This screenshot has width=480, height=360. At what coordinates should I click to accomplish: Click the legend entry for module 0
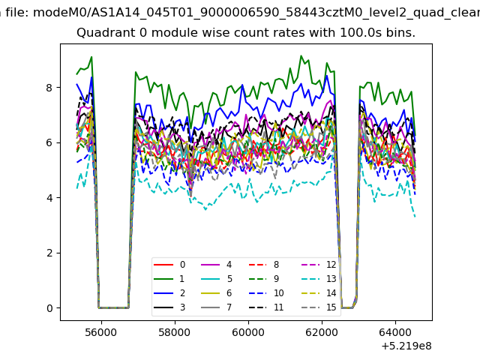coord(169,265)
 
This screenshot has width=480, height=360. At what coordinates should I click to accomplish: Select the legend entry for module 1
coord(169,278)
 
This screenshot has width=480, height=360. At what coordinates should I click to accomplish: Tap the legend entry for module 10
coord(265,293)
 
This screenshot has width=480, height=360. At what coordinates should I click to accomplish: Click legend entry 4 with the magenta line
coord(217,265)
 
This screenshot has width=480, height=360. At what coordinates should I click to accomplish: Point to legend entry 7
coord(217,307)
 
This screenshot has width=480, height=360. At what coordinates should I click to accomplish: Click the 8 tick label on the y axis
coord(49,88)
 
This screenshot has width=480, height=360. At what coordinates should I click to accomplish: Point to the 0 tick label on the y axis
coord(49,308)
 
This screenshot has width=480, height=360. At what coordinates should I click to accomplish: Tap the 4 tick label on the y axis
coord(49,198)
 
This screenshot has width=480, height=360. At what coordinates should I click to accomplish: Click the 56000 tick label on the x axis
coord(101,332)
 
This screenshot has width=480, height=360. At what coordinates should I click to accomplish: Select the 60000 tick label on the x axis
coord(248,332)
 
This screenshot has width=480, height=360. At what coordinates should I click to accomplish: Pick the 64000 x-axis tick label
coord(395,332)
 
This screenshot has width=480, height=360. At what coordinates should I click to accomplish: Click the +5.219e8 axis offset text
coord(406,346)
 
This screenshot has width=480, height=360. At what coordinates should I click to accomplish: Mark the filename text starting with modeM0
coord(256,13)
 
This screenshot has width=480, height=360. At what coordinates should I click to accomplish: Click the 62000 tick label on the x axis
coord(322,332)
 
